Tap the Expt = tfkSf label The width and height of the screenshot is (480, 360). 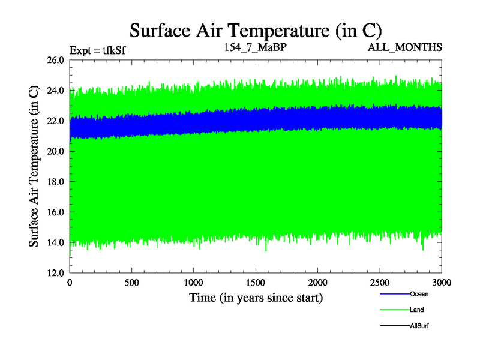tap(97, 50)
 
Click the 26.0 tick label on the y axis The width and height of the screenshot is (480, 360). tap(55, 60)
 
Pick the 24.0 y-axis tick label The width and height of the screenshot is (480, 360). tap(55, 91)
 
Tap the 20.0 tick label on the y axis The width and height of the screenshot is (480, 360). tap(55, 151)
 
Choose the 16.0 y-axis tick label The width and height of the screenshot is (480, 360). tap(55, 212)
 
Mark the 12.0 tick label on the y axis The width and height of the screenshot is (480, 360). tap(55, 272)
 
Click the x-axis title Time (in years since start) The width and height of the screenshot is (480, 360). tap(256, 298)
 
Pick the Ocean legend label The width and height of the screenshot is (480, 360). tap(419, 294)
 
